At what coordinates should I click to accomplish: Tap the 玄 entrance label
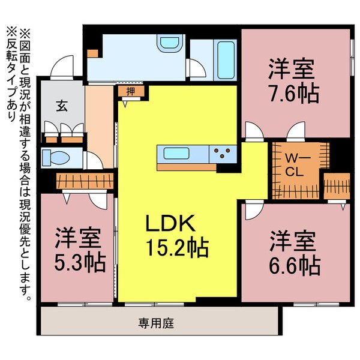(61, 107)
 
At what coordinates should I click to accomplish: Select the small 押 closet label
(130, 92)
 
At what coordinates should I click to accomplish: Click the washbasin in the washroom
(164, 46)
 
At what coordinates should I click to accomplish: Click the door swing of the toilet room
(95, 160)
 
